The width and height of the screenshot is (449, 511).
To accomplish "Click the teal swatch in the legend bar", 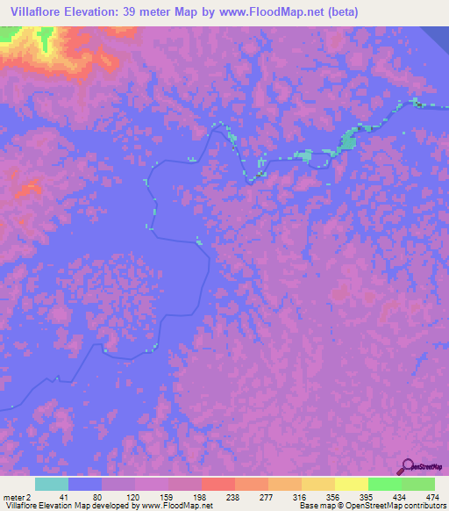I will (x=52, y=484).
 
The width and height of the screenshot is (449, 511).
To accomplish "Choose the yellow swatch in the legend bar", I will (x=352, y=484).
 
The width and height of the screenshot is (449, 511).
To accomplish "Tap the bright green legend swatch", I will (x=385, y=484).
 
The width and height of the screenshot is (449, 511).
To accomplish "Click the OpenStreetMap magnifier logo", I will (x=407, y=467).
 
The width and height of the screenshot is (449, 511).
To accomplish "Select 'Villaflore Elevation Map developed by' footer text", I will (x=61, y=505).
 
